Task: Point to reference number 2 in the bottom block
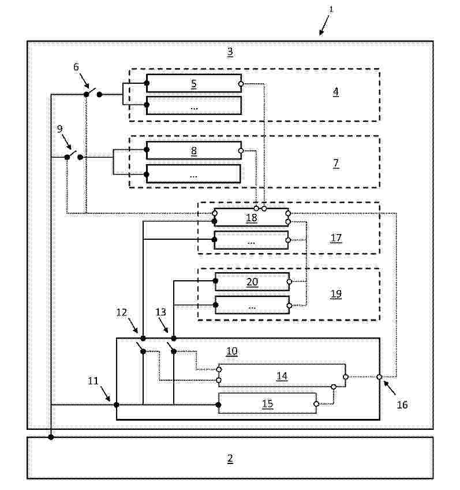point(230,458)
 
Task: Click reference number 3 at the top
point(230,51)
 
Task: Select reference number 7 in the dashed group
point(336,163)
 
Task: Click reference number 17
point(336,238)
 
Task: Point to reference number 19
point(336,294)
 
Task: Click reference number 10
point(232,351)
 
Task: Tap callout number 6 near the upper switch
point(76,66)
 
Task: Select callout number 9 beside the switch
point(59,128)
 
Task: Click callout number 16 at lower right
point(402,404)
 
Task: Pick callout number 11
point(93,381)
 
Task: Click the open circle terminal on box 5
point(241,84)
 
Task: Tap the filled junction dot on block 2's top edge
point(51,437)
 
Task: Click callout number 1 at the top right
point(331,9)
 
